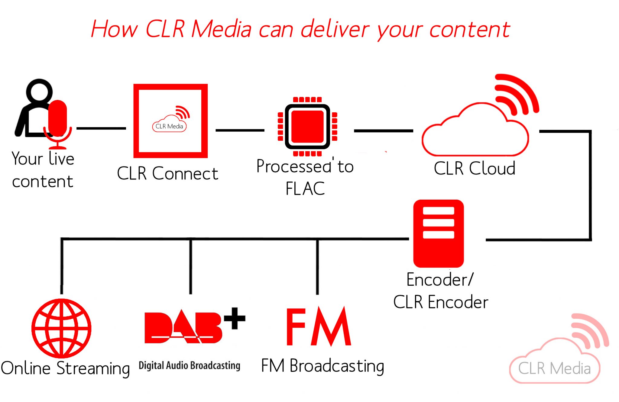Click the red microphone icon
pyautogui.click(x=57, y=119)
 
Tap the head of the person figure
pyautogui.click(x=39, y=91)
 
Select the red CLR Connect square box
pyautogui.click(x=170, y=121)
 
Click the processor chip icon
pyautogui.click(x=307, y=126)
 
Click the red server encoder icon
pyautogui.click(x=438, y=233)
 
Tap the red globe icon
pyautogui.click(x=61, y=328)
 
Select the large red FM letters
pyautogui.click(x=318, y=327)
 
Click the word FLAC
pyautogui.click(x=305, y=189)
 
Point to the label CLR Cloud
pyautogui.click(x=475, y=168)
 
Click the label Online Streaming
pyautogui.click(x=65, y=368)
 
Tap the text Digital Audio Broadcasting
pyautogui.click(x=190, y=365)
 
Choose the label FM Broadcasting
pyautogui.click(x=322, y=366)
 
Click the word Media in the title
pyautogui.click(x=222, y=29)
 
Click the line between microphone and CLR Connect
pyautogui.click(x=101, y=128)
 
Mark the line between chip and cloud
pyautogui.click(x=383, y=131)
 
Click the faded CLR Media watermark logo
pyautogui.click(x=556, y=359)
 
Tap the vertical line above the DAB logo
pyautogui.click(x=191, y=266)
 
